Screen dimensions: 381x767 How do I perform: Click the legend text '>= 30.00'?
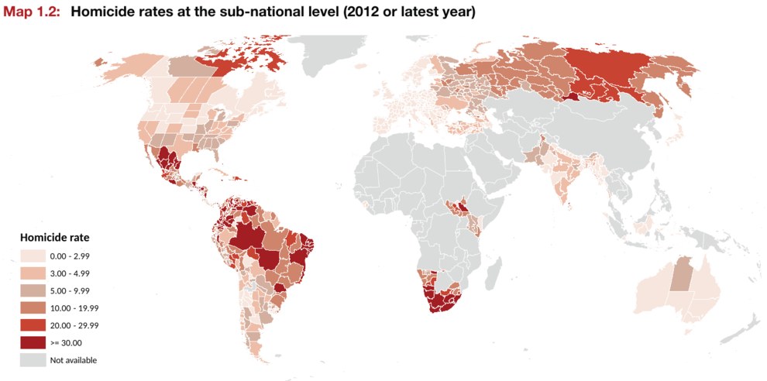coord(66,342)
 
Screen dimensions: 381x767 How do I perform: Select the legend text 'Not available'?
coord(74,359)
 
